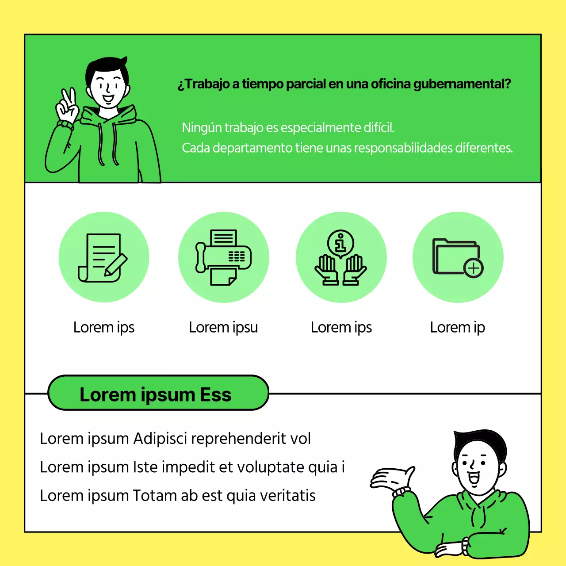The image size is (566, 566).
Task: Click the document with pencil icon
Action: (103, 258)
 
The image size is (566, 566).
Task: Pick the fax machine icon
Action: (223, 257)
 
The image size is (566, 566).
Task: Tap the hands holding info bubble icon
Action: (341, 257)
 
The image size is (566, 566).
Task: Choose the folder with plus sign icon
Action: (458, 258)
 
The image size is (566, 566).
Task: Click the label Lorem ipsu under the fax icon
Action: (223, 327)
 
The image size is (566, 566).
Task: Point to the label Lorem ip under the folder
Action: (457, 328)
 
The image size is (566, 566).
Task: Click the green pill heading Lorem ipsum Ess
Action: (158, 393)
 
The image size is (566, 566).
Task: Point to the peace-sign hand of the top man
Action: (67, 106)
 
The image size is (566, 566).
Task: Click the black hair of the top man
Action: (107, 69)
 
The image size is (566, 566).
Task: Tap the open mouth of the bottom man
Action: (473, 478)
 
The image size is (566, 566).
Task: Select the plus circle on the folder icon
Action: (473, 268)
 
